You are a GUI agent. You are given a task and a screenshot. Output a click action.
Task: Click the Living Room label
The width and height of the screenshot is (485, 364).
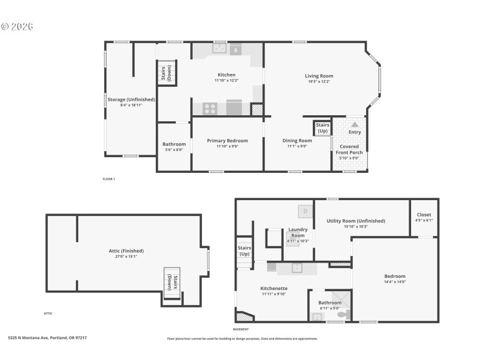[319, 76]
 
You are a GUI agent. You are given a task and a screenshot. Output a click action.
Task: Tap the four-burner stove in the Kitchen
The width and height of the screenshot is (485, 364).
[210, 109]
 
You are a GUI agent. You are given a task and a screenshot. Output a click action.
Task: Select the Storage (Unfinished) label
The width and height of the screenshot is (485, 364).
[131, 99]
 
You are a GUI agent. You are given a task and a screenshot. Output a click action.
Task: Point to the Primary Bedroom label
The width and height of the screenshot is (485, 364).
[227, 141]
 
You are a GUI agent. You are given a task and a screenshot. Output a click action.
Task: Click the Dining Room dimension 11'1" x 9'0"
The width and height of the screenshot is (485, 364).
[297, 146]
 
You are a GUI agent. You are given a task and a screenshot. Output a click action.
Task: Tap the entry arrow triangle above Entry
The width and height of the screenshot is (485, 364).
[355, 124]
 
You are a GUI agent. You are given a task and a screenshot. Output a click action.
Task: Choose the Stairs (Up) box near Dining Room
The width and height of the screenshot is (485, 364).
[323, 128]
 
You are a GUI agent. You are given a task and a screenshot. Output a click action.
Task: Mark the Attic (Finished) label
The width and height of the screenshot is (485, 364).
[126, 251]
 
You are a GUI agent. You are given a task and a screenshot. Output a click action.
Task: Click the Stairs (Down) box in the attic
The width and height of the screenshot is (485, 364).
[172, 282]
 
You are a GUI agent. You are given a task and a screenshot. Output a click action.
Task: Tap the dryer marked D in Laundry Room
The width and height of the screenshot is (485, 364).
[306, 211]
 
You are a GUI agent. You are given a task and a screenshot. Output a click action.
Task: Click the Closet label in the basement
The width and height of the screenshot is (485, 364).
[424, 215]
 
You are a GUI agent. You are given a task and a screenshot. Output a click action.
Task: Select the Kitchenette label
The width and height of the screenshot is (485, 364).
[274, 288]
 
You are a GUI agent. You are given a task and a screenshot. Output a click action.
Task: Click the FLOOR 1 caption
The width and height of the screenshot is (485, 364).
[109, 179]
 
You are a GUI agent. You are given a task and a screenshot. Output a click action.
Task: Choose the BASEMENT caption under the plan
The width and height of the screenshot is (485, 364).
[241, 329]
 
